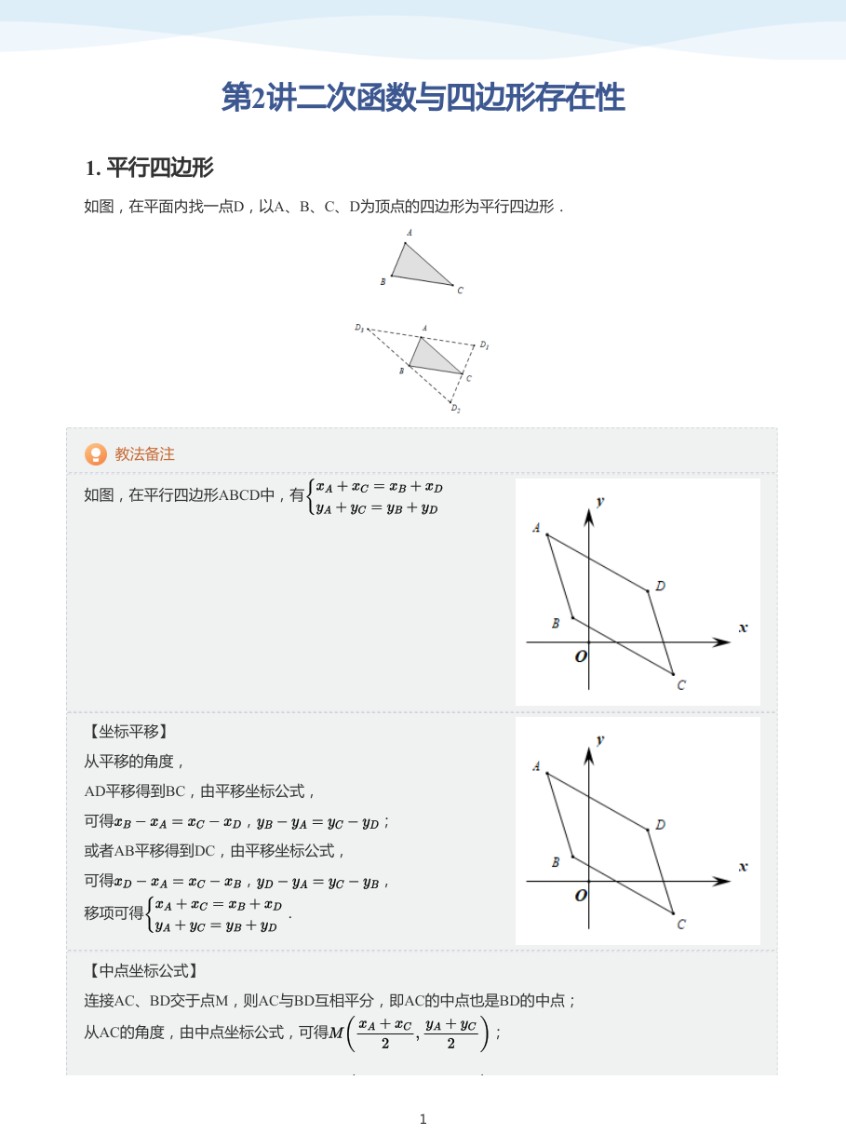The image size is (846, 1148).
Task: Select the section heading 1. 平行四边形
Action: [x=149, y=169]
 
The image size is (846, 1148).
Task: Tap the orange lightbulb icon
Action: [x=96, y=454]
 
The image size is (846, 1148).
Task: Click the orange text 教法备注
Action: [x=144, y=454]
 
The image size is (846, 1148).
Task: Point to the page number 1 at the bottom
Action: [x=423, y=1119]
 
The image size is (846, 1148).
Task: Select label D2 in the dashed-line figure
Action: [x=455, y=409]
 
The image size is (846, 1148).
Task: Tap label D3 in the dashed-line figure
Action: [x=359, y=328]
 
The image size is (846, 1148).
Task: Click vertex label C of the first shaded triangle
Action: [x=460, y=290]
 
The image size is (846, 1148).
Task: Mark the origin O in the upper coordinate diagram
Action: [x=581, y=656]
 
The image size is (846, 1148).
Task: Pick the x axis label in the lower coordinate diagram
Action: [x=743, y=867]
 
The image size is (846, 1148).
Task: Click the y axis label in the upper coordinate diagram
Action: [x=600, y=501]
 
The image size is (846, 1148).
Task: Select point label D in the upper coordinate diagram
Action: [x=660, y=586]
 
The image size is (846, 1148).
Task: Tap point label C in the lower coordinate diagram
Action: [x=681, y=924]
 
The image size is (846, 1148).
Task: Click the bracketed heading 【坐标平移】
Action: [x=128, y=732]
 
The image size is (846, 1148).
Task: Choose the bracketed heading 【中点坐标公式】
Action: [x=143, y=971]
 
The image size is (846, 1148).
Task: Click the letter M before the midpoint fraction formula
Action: [x=336, y=1033]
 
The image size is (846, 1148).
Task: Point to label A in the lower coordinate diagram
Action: [x=536, y=766]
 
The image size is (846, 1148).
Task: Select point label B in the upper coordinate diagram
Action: [x=556, y=623]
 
